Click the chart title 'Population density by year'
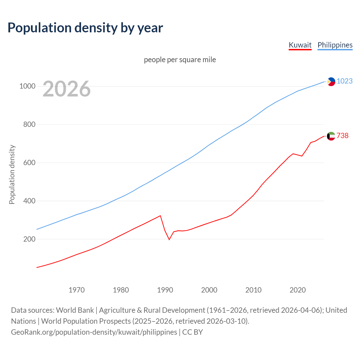click(x=85, y=28)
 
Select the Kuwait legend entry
click(x=300, y=45)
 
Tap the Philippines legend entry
click(x=335, y=45)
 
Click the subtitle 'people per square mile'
click(x=180, y=60)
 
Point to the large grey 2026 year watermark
click(x=67, y=89)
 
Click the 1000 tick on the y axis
click(x=27, y=86)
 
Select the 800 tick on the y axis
click(x=29, y=124)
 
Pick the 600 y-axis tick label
click(x=29, y=163)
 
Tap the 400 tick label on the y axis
click(x=29, y=201)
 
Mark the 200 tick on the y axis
click(x=29, y=239)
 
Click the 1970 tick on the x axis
click(x=76, y=290)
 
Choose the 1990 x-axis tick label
click(x=165, y=290)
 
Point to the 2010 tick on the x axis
click(x=253, y=290)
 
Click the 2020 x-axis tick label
click(x=298, y=290)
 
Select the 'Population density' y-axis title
click(x=12, y=174)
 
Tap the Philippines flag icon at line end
click(x=331, y=82)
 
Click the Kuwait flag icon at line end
click(x=331, y=136)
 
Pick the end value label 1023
click(x=345, y=81)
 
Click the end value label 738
click(x=342, y=136)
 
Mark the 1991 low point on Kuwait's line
click(x=169, y=240)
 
